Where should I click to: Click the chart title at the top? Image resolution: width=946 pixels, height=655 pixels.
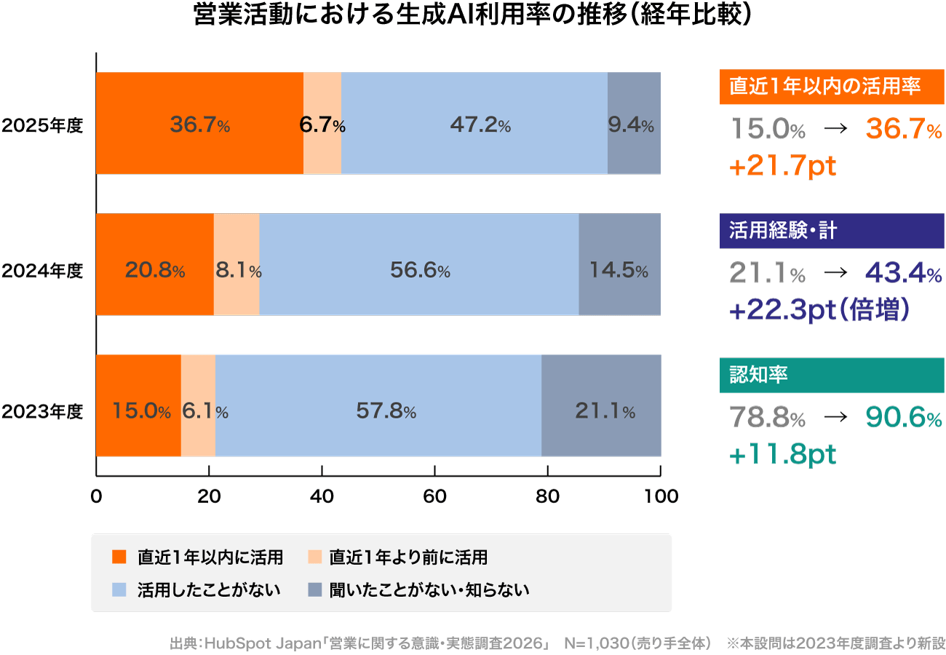click(x=472, y=16)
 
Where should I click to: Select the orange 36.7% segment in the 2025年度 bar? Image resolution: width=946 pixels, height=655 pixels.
click(x=199, y=124)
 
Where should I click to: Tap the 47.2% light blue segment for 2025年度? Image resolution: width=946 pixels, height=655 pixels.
click(x=474, y=124)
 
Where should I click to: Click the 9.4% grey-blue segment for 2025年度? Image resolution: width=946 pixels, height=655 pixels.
click(x=634, y=124)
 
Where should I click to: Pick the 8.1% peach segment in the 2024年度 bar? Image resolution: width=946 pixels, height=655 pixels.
click(x=236, y=265)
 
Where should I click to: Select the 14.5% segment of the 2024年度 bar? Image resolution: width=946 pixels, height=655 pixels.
click(x=619, y=265)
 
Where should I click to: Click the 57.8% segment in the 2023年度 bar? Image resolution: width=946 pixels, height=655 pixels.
click(x=378, y=406)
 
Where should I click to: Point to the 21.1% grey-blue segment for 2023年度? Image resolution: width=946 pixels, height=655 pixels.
click(x=601, y=406)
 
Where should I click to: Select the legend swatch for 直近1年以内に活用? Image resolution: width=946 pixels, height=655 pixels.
click(x=119, y=558)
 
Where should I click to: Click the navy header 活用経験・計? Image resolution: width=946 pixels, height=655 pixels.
click(x=831, y=231)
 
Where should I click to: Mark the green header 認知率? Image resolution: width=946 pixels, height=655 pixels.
click(x=831, y=375)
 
